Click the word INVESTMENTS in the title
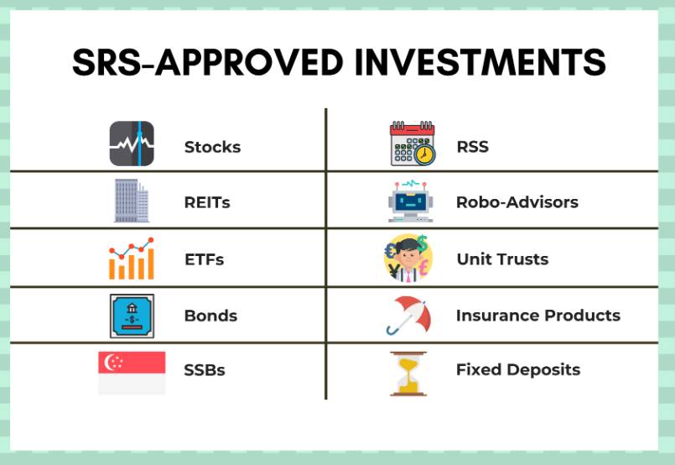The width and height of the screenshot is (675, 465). [480, 62]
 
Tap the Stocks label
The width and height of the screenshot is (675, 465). [212, 147]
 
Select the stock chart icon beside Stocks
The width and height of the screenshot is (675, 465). [132, 144]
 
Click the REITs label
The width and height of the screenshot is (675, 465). [207, 202]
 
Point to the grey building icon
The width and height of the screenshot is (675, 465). [132, 201]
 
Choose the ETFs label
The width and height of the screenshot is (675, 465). [204, 259]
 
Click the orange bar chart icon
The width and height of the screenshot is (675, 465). [132, 259]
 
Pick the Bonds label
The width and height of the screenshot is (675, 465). [210, 316]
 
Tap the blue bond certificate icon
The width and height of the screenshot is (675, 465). [132, 316]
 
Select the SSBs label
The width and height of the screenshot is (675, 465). [204, 370]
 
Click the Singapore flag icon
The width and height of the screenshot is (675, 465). [132, 373]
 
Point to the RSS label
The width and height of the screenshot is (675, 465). [472, 147]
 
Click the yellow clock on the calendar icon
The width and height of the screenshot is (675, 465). [424, 154]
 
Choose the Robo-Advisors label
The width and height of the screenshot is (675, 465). [517, 202]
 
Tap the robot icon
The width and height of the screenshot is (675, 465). [410, 201]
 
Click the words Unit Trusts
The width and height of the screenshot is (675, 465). [502, 259]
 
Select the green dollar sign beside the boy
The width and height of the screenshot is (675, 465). [423, 243]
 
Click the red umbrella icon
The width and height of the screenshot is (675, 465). [408, 315]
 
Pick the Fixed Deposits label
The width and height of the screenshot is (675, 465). [518, 370]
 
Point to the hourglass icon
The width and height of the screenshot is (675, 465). [408, 374]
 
